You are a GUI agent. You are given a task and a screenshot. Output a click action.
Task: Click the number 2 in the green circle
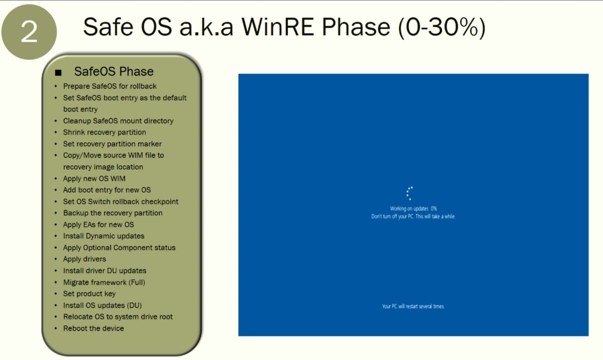pos(29,32)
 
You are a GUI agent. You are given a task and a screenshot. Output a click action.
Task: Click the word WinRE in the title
pos(277,27)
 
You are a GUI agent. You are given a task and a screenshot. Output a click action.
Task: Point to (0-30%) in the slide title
pos(442,28)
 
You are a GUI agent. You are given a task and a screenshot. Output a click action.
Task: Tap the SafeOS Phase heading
pos(114,71)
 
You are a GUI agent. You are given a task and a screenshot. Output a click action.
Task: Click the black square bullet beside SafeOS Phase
pos(58,72)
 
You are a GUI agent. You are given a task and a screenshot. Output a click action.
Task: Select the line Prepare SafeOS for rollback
pos(110,86)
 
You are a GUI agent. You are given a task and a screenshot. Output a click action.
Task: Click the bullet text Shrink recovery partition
pos(105,133)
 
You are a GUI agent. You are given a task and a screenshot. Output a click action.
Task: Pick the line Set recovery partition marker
pos(112,144)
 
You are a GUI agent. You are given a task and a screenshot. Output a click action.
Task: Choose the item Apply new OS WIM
pos(94,178)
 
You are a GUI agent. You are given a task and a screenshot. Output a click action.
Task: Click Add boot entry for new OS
pos(107,190)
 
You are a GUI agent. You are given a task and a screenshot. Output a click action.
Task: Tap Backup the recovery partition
pos(113,213)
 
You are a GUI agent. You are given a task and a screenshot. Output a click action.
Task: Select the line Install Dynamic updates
pos(104,236)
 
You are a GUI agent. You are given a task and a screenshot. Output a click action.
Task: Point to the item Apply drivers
pos(84,259)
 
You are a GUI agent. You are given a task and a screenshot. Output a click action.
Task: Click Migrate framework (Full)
pos(104,282)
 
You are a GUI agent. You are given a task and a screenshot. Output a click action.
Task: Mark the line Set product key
pos(89,294)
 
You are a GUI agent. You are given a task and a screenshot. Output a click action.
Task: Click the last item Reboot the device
pos(93,328)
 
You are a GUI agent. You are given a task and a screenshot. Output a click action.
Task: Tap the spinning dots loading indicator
pos(409,193)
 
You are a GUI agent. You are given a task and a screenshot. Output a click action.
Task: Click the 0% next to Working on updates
pos(434,208)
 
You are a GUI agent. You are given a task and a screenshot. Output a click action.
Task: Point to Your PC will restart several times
pos(413,306)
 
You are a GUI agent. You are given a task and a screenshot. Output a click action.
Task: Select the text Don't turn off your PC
pos(392,216)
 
